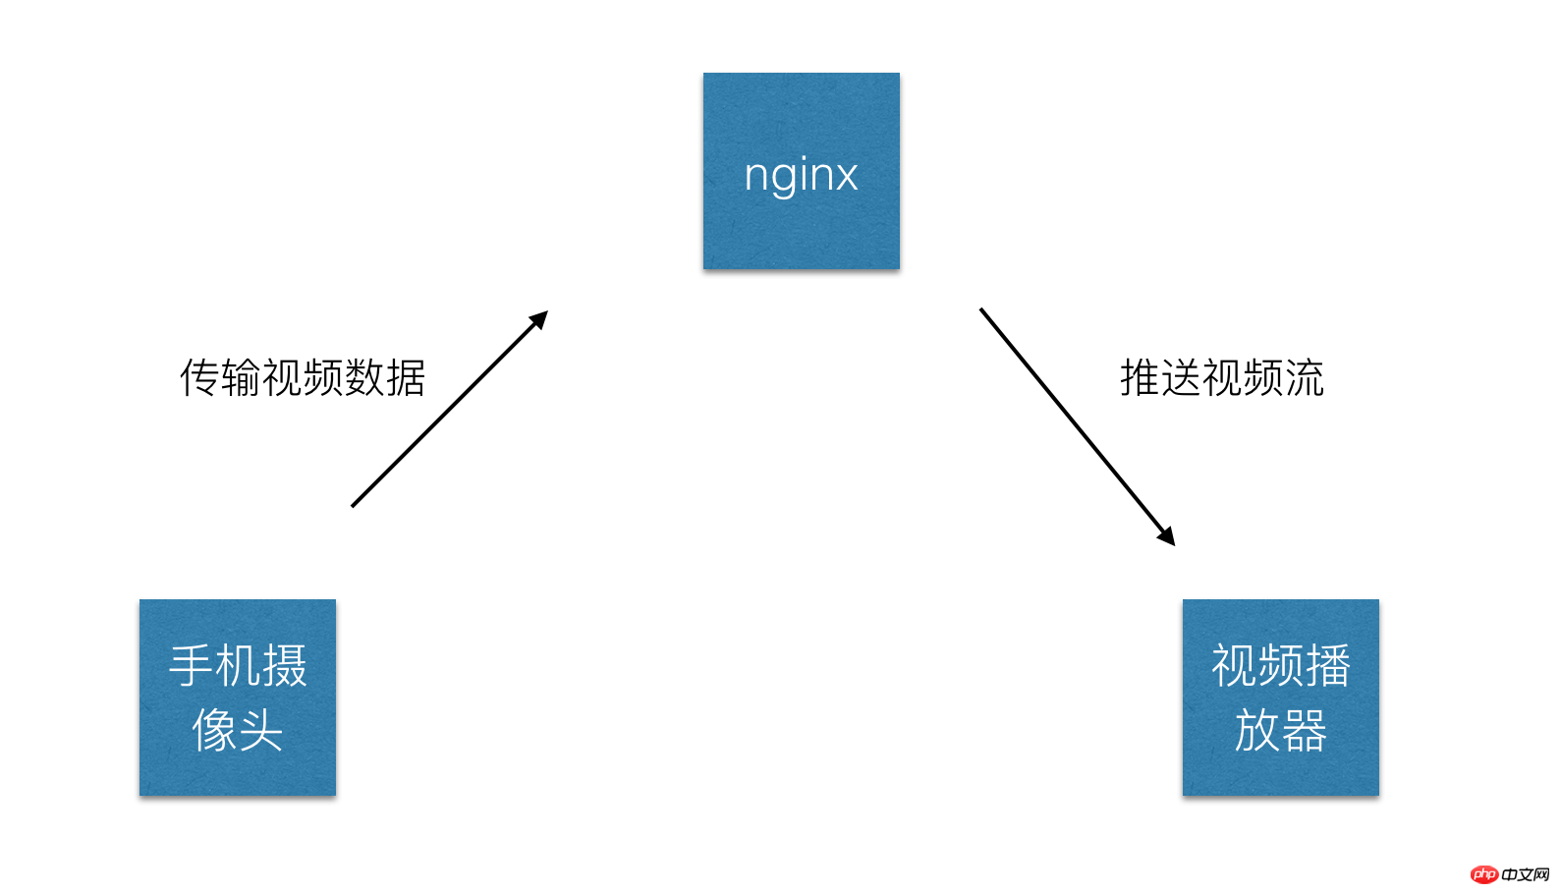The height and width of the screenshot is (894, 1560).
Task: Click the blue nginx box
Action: pyautogui.click(x=801, y=171)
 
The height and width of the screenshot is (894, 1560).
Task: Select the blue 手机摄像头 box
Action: pyautogui.click(x=238, y=697)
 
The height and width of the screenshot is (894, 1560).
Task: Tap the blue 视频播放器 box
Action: pyautogui.click(x=1280, y=697)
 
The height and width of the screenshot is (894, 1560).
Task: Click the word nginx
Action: pyautogui.click(x=801, y=176)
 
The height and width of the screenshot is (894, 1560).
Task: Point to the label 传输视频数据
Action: pyautogui.click(x=303, y=378)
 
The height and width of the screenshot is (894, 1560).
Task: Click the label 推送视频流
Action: pyautogui.click(x=1221, y=378)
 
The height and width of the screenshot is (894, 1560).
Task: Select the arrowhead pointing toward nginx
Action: pyautogui.click(x=539, y=320)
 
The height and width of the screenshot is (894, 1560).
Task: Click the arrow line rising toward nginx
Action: pyautogui.click(x=450, y=409)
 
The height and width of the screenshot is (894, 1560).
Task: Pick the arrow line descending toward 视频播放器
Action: pyautogui.click(x=1078, y=426)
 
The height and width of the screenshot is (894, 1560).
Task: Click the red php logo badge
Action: pyautogui.click(x=1484, y=873)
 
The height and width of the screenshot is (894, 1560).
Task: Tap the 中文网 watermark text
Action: pyautogui.click(x=1526, y=874)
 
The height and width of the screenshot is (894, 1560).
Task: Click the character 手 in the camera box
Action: pyautogui.click(x=191, y=666)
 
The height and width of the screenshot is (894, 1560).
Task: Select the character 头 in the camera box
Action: pyautogui.click(x=259, y=730)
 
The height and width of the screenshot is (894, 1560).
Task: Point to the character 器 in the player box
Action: pyautogui.click(x=1303, y=730)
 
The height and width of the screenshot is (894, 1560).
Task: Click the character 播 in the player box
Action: pyautogui.click(x=1327, y=666)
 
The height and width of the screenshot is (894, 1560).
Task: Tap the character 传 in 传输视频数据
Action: pyautogui.click(x=199, y=378)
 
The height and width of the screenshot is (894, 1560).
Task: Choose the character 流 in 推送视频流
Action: pyautogui.click(x=1304, y=378)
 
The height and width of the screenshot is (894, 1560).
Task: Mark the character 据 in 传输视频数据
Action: pyautogui.click(x=406, y=378)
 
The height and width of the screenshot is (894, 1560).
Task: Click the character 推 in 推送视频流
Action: pyautogui.click(x=1141, y=378)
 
